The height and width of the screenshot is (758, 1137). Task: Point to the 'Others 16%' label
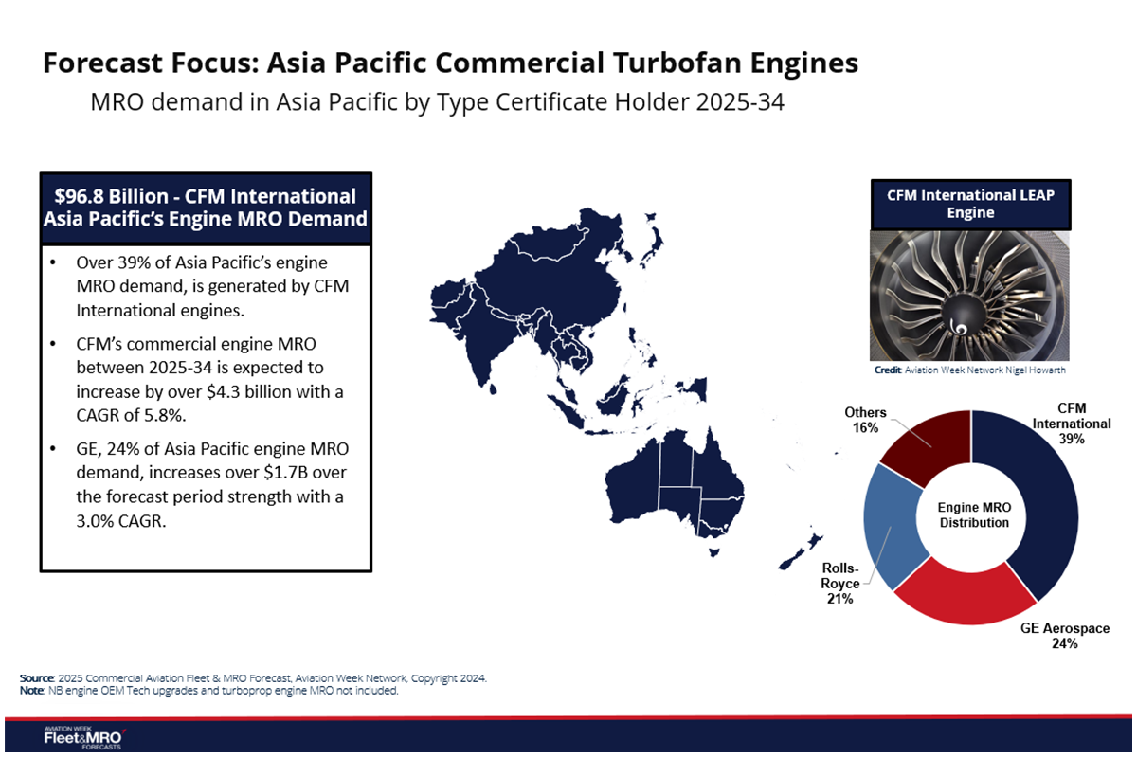865,420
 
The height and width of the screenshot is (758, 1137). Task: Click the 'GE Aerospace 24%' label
1064,636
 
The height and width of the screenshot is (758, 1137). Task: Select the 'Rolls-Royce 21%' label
840,584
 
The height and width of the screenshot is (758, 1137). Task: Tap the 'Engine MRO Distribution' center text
974,515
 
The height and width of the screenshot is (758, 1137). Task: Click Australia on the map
668,483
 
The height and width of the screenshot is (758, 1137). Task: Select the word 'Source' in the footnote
36,678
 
